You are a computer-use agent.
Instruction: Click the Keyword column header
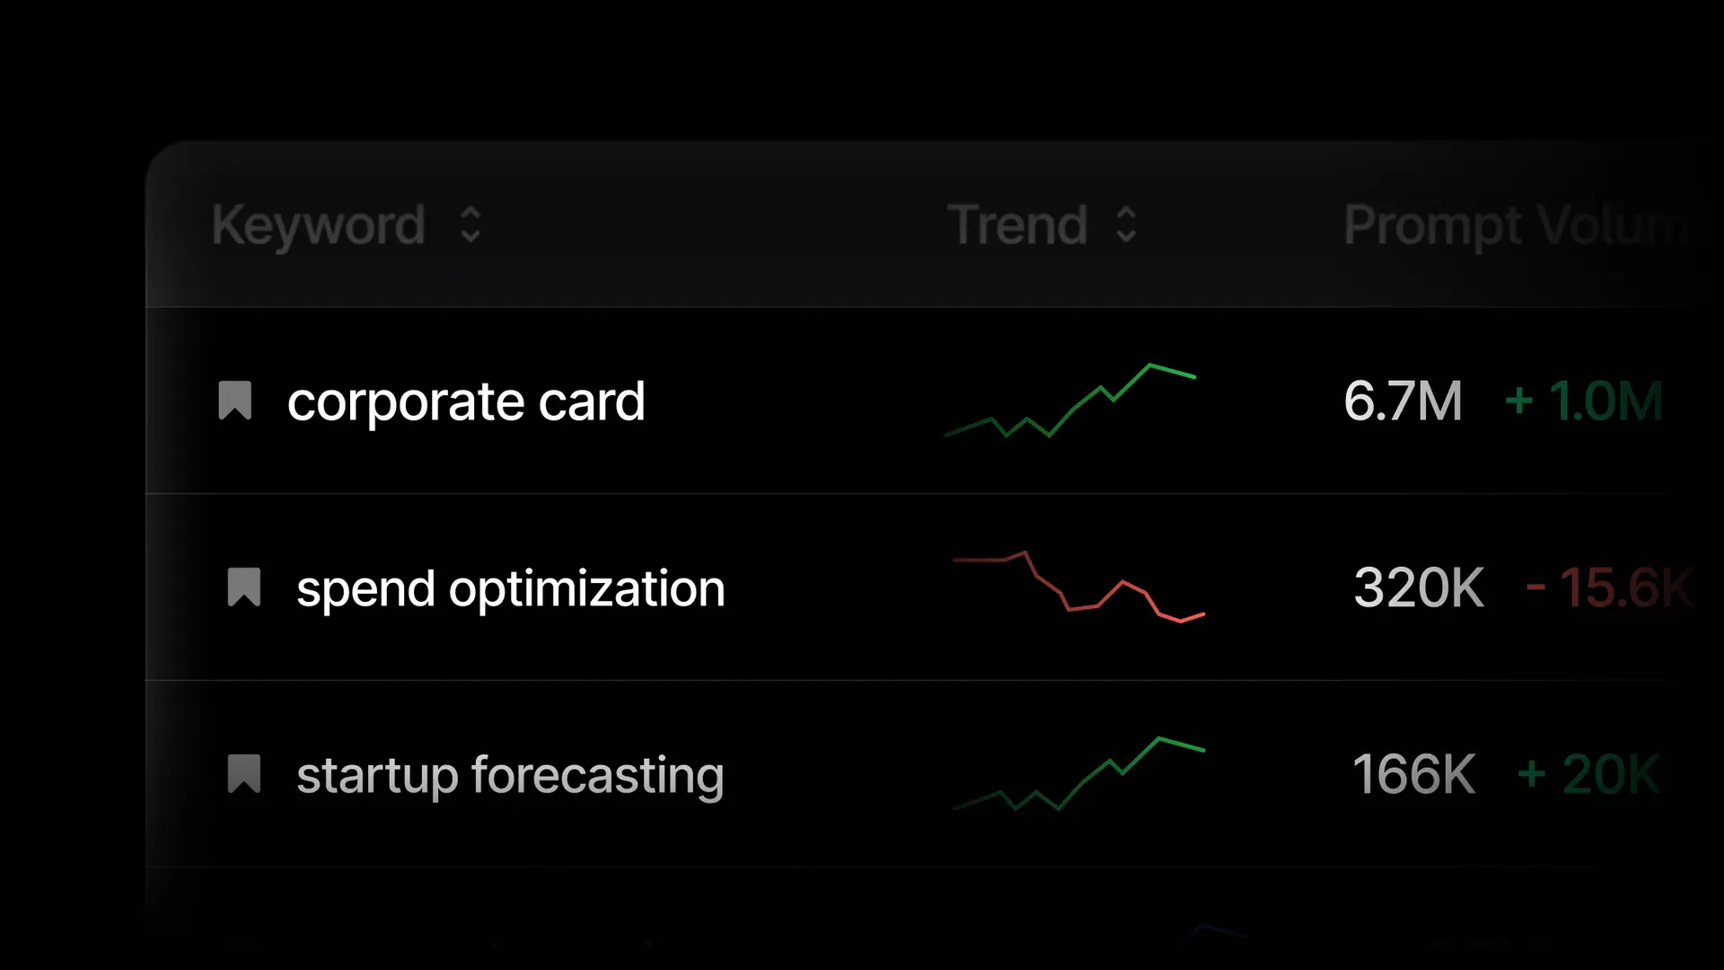pyautogui.click(x=318, y=225)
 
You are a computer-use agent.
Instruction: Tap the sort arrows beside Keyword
pyautogui.click(x=471, y=225)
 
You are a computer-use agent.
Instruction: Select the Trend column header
pyautogui.click(x=1017, y=225)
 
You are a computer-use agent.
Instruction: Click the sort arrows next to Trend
pyautogui.click(x=1126, y=225)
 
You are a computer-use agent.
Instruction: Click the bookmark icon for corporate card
pyautogui.click(x=235, y=401)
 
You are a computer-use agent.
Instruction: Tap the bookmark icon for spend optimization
pyautogui.click(x=244, y=587)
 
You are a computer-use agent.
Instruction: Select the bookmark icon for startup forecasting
pyautogui.click(x=244, y=774)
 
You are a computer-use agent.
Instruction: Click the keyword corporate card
pyautogui.click(x=466, y=401)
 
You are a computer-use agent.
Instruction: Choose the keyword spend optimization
pyautogui.click(x=510, y=589)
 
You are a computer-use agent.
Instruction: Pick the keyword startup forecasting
pyautogui.click(x=510, y=775)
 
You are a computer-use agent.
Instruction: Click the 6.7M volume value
pyautogui.click(x=1403, y=401)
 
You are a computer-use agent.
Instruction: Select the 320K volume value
pyautogui.click(x=1419, y=588)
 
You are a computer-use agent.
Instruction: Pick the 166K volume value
pyautogui.click(x=1413, y=774)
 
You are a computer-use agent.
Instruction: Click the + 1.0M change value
pyautogui.click(x=1584, y=401)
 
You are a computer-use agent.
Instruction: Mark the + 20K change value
pyautogui.click(x=1588, y=774)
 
